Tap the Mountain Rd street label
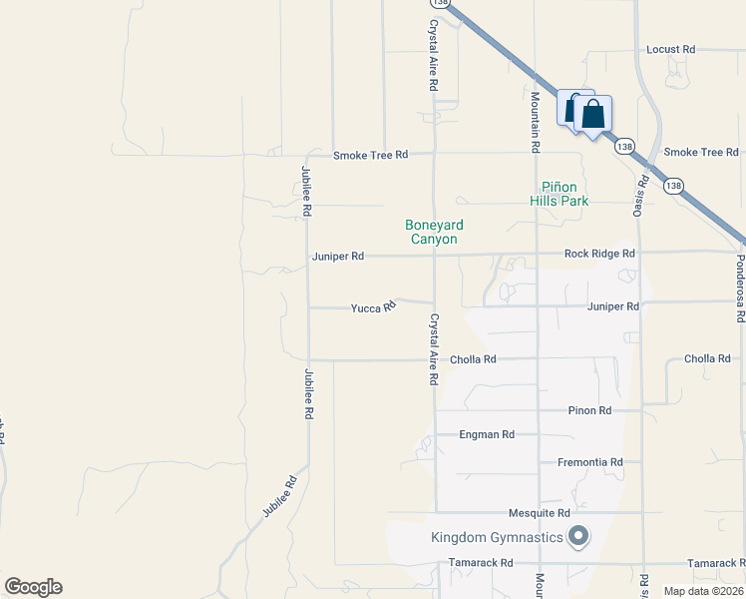(x=535, y=122)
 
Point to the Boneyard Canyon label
(x=434, y=232)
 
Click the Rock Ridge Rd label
(x=599, y=254)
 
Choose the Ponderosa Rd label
(x=740, y=286)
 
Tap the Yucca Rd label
(x=373, y=308)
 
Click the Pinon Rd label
(x=588, y=410)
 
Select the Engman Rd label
(x=487, y=434)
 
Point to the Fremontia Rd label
(x=588, y=462)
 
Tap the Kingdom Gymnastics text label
(x=497, y=538)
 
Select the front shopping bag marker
(x=592, y=116)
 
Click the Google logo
(x=33, y=587)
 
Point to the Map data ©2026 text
(x=702, y=591)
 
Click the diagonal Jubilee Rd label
(x=280, y=495)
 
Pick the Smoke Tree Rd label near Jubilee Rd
(x=371, y=155)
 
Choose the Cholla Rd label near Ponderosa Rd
(x=707, y=358)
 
